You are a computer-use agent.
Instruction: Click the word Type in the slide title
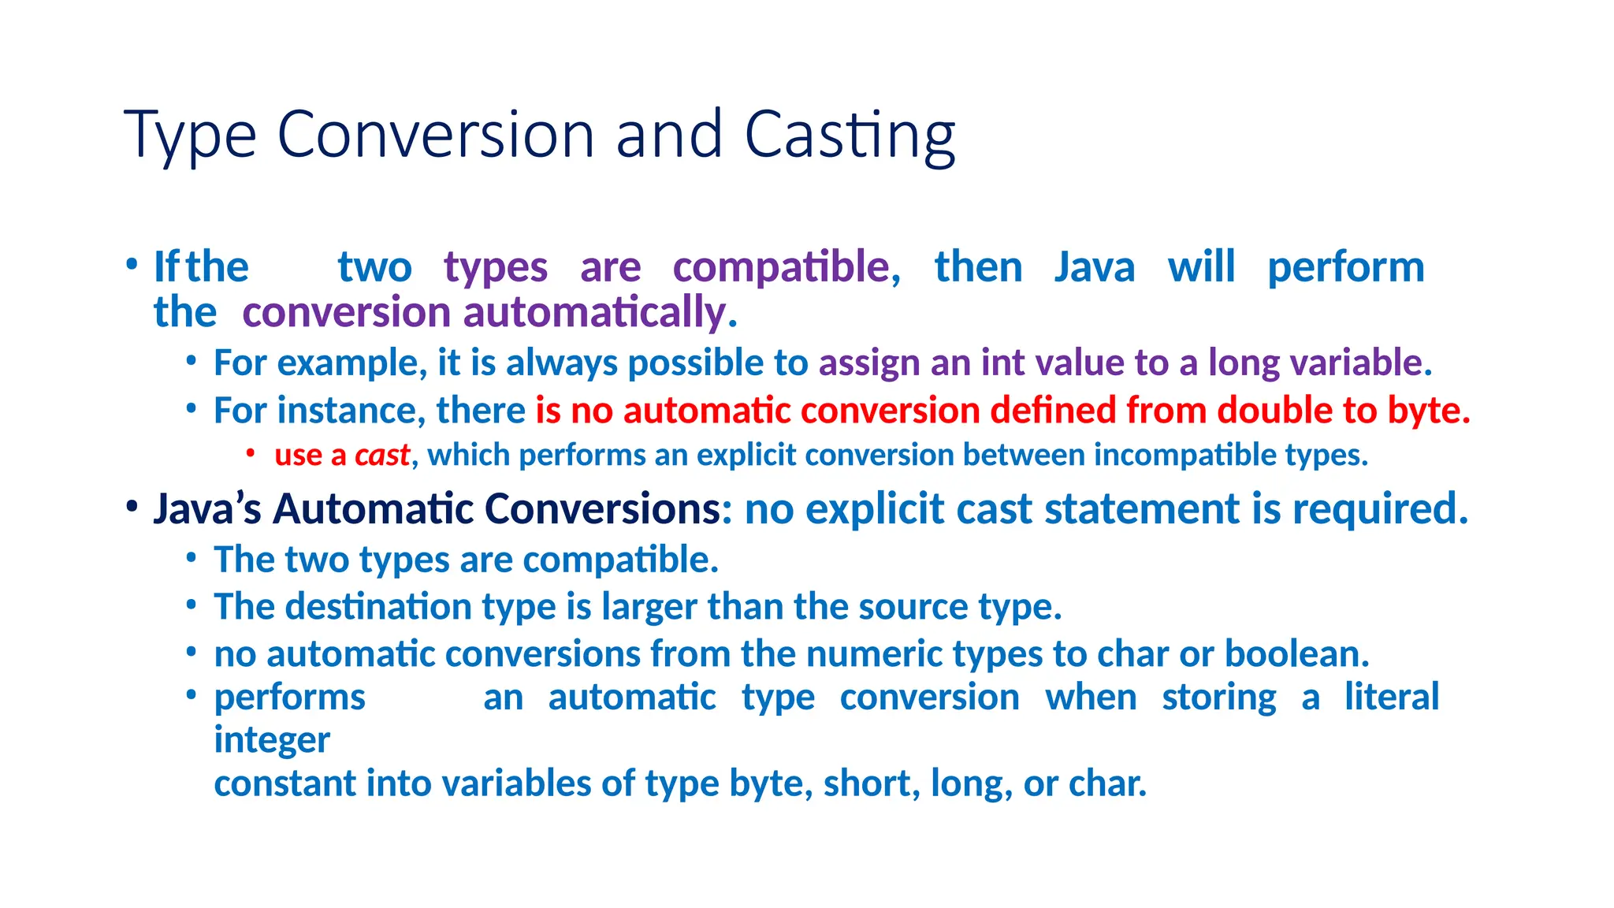190,136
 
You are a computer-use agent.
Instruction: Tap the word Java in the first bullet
1095,266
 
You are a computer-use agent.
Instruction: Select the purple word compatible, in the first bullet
786,266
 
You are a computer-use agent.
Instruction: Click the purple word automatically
600,312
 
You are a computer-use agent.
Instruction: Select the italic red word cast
381,455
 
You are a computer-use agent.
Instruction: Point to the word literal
1391,698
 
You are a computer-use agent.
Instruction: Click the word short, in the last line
872,783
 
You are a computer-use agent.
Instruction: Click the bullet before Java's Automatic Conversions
132,507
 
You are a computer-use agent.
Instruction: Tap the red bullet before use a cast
250,452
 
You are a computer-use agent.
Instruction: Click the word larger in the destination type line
649,607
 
